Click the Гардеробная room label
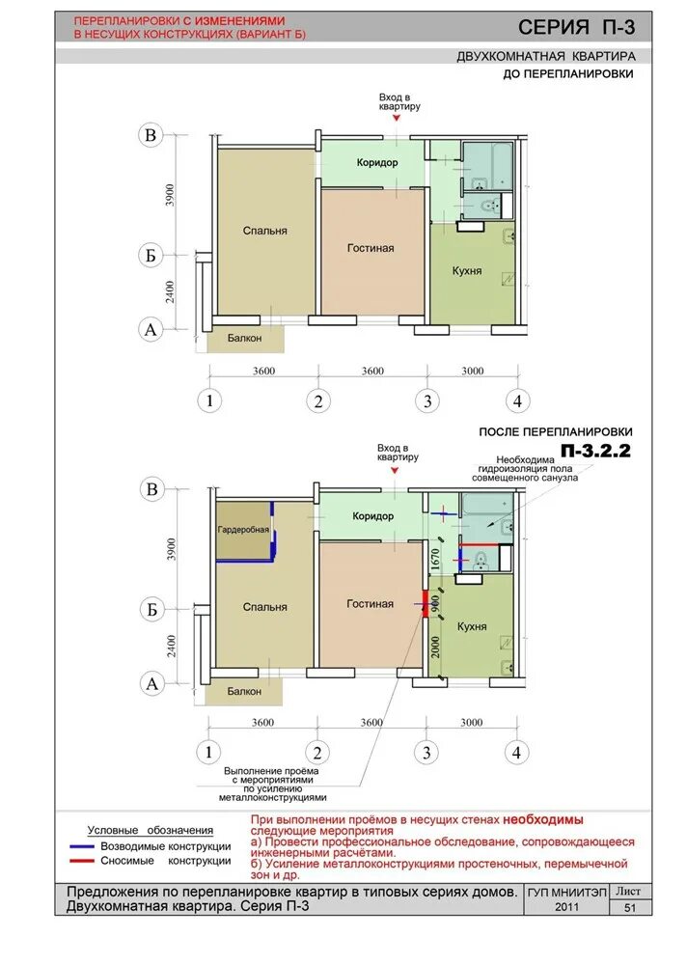[243, 529]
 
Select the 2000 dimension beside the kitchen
[436, 648]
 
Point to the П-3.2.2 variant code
[596, 451]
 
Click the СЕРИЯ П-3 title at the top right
[576, 27]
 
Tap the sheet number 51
[630, 907]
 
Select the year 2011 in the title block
[566, 906]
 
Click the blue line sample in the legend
[81, 846]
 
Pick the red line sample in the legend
[81, 861]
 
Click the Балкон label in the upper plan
[244, 338]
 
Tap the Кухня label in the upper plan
[467, 271]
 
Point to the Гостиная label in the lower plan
[370, 604]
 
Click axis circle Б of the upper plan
[151, 255]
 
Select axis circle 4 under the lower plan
[516, 752]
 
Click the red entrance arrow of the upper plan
[397, 118]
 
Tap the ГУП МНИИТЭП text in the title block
[566, 893]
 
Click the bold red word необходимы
[543, 819]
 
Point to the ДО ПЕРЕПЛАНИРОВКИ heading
[568, 74]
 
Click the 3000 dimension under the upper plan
[472, 371]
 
